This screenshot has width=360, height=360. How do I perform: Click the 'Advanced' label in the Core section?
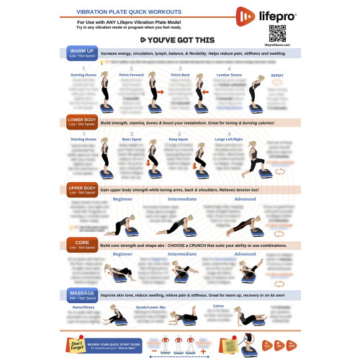(x=245, y=253)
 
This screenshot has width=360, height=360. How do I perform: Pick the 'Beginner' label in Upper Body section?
(x=122, y=199)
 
